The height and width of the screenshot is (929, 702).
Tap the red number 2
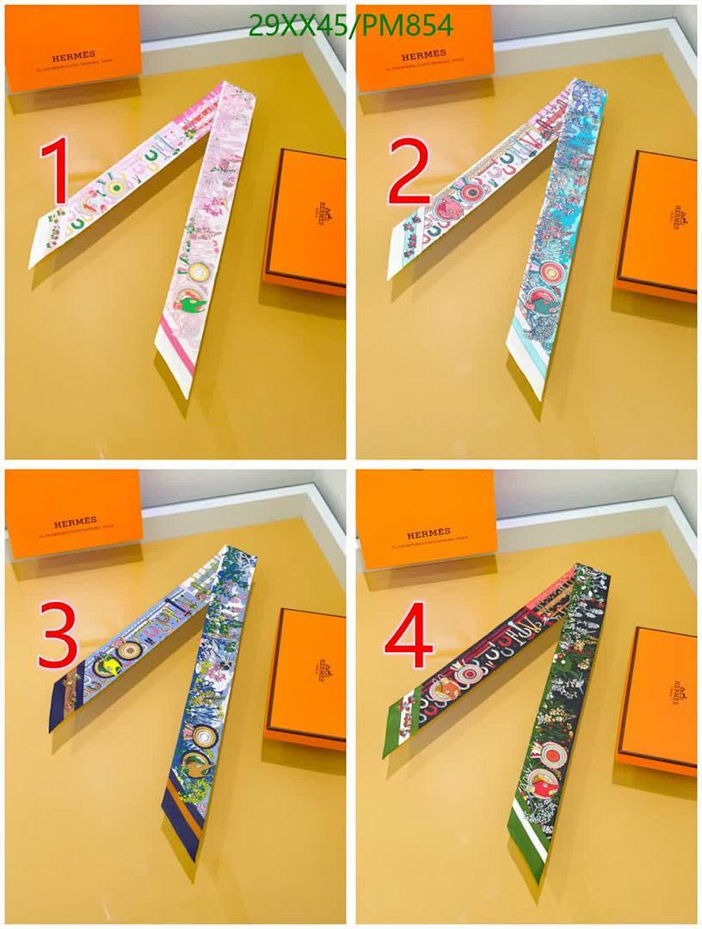409,172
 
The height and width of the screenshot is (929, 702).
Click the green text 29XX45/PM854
350,27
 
